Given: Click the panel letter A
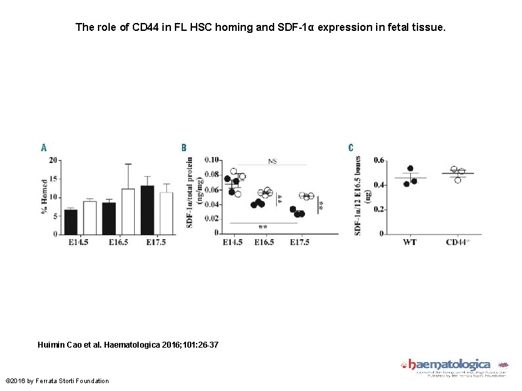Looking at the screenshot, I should coord(43,148).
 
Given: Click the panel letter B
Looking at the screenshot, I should coord(184,148).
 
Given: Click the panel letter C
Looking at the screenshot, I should coord(351,148).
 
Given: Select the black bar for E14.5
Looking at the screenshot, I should coord(70,222).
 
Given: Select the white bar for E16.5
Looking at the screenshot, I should coord(128,212).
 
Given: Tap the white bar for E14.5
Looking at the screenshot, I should coord(89,218).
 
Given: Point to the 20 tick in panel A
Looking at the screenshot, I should coord(53,160).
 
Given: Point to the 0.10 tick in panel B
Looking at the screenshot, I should coord(212,160).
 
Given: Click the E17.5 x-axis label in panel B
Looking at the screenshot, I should coord(300,242).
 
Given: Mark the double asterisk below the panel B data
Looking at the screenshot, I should coord(263,227).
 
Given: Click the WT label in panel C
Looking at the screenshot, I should coord(409,242).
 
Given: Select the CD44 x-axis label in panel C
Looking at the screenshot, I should coord(458,242).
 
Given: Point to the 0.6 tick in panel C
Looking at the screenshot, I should coord(379,160).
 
